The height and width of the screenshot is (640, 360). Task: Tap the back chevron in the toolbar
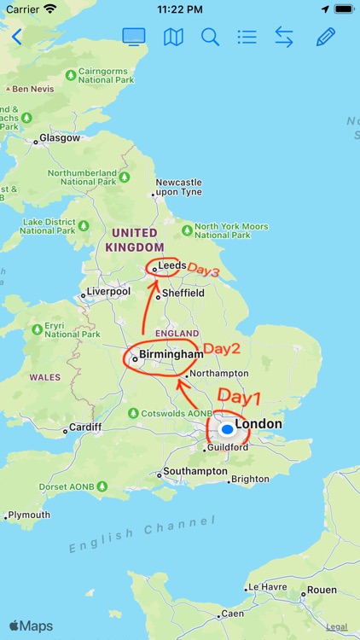16,37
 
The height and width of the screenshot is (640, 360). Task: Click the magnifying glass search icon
210,37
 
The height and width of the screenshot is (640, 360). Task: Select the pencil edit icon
325,37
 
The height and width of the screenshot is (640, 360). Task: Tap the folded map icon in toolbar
173,37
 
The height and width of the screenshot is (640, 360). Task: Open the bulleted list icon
247,37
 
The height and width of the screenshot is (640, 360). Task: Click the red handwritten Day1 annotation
239,396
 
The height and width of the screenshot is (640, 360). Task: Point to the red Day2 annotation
222,348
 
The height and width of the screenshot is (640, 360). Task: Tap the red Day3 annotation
204,271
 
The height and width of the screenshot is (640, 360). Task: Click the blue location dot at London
226,429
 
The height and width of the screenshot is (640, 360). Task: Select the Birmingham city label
173,354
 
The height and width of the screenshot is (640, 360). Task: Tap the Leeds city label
171,265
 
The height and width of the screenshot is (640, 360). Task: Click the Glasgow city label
60,138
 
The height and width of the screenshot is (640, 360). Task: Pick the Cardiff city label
85,427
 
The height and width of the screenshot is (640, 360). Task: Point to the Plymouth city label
29,515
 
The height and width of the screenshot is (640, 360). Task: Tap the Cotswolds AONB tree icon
133,413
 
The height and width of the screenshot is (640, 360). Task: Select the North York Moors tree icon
187,230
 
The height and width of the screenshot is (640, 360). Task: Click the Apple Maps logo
31,625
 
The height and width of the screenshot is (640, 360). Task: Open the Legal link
337,627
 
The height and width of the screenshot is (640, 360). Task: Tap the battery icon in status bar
343,9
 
